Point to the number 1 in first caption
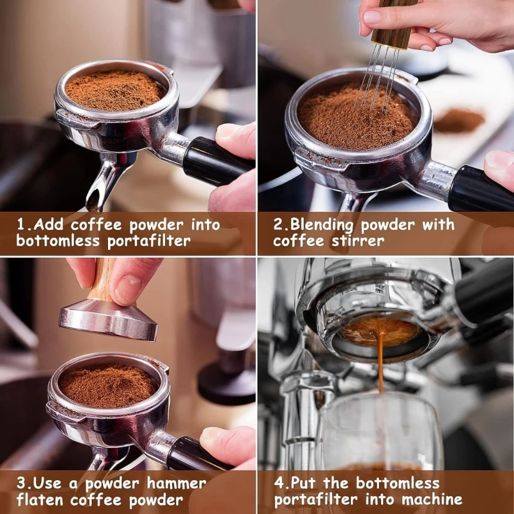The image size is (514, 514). pos(21,225)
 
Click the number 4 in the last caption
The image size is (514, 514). pos(278,483)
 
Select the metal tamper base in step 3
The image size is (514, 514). pos(108,319)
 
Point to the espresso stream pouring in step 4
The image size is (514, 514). pos(380,366)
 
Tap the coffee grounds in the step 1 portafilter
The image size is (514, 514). pos(114,90)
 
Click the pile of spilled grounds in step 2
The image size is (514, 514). pos(459,120)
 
